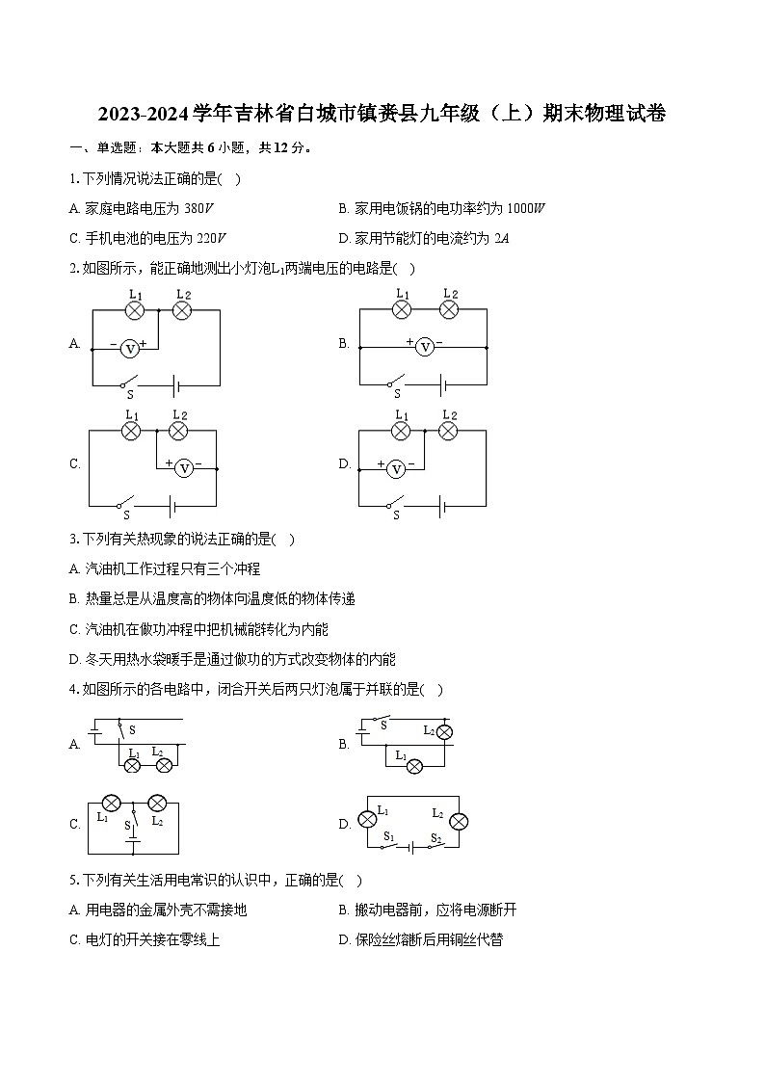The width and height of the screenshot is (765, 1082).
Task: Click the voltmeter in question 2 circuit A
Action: (x=130, y=348)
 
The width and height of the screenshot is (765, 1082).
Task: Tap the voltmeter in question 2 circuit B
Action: (x=424, y=346)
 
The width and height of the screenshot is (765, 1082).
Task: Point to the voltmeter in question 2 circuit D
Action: (x=394, y=469)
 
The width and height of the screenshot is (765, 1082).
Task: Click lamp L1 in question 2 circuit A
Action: (x=136, y=310)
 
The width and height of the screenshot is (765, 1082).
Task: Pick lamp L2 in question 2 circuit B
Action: (x=448, y=309)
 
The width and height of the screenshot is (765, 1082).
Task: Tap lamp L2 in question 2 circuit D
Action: (x=448, y=431)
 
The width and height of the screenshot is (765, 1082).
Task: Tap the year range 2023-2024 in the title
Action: (x=143, y=114)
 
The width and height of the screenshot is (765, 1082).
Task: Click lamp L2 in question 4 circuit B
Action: (x=444, y=732)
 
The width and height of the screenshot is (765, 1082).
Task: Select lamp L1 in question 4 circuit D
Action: (x=367, y=820)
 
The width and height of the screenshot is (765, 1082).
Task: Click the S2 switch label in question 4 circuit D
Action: (x=435, y=837)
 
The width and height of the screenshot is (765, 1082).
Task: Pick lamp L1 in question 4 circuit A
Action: (x=134, y=765)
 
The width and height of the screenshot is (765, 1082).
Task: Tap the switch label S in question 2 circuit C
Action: (x=125, y=515)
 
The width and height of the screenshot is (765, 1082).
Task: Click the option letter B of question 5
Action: (x=343, y=910)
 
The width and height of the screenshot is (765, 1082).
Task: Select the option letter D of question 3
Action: (x=74, y=660)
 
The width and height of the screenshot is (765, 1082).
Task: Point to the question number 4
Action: (x=73, y=689)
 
